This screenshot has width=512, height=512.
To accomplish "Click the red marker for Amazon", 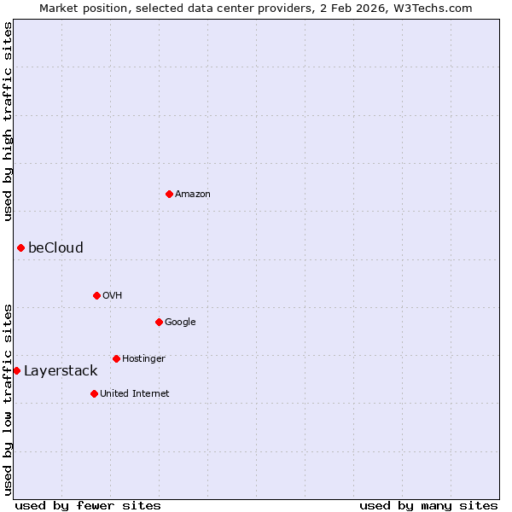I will (169, 194).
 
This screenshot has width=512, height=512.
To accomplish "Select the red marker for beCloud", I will (20, 247).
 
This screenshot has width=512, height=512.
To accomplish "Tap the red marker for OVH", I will (96, 295).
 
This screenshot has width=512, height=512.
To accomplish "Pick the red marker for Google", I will (159, 322).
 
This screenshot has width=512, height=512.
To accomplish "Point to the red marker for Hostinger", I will (116, 358).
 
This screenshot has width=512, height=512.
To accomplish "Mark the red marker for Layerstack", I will (16, 370).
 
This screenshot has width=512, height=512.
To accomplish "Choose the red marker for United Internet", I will (94, 393).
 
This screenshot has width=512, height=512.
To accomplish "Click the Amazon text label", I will (193, 195).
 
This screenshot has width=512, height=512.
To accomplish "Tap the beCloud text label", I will (55, 248).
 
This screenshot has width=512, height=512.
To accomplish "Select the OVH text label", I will (112, 296).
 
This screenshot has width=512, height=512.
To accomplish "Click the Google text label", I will (180, 323).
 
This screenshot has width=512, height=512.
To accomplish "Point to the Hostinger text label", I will (143, 359).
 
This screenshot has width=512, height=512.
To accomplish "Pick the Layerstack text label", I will (61, 371).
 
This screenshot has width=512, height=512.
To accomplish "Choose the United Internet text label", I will (134, 394).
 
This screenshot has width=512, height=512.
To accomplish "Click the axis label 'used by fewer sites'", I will (88, 505).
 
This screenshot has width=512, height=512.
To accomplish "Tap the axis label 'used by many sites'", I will (428, 505).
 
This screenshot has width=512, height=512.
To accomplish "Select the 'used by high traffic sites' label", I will (8, 121).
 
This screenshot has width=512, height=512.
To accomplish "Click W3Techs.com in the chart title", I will (436, 8).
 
